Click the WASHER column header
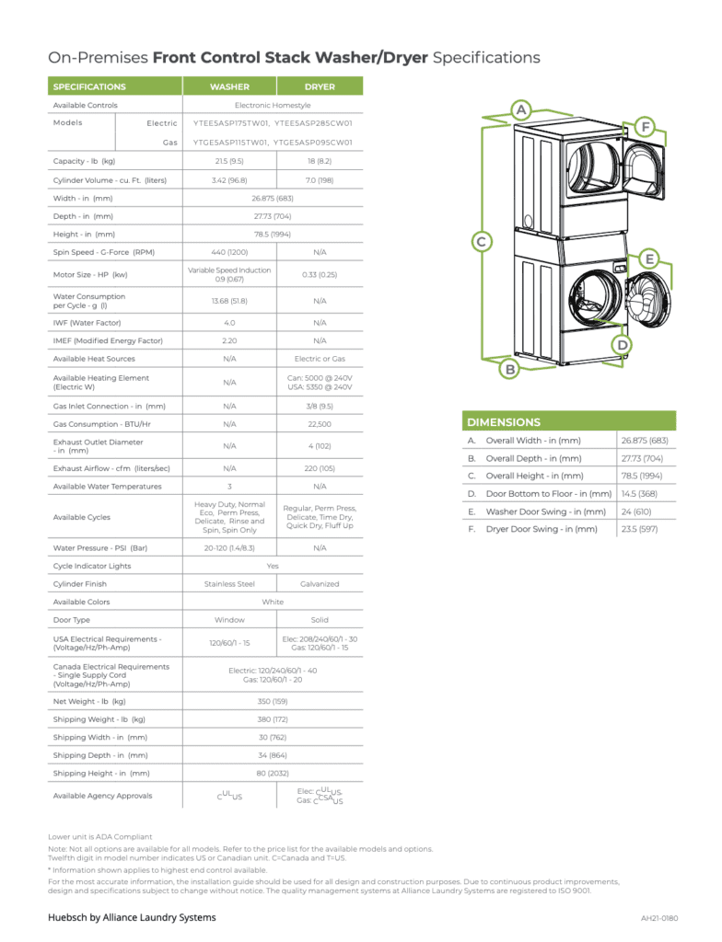pos(229,86)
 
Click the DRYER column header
pos(320,86)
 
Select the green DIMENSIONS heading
pos(504,422)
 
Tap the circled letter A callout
pos(520,110)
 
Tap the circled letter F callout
pos(646,126)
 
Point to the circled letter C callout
pos(480,242)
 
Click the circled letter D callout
pos(623,345)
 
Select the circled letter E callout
pos(648,259)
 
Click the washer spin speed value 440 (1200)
pos(229,251)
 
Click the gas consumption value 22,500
pos(320,424)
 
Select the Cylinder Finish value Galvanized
pos(320,584)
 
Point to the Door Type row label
pos(72,620)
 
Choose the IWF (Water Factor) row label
pos(87,323)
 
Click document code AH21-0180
pos(659,918)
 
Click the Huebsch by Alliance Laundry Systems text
pos(132,917)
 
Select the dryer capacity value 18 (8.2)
pos(320,161)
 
